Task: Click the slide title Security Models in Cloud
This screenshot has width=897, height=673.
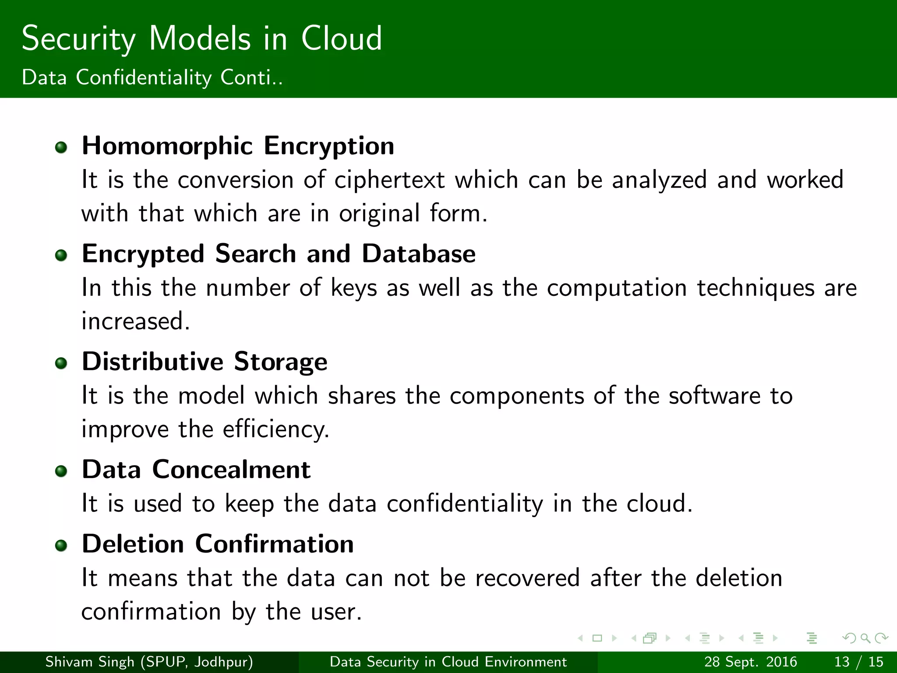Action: (x=201, y=39)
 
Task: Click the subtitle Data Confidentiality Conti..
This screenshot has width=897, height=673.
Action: (x=152, y=78)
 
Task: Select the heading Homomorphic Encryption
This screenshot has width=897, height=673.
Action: (x=238, y=146)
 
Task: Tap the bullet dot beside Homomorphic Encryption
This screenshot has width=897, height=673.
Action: (x=61, y=147)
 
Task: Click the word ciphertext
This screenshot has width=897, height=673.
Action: (x=389, y=180)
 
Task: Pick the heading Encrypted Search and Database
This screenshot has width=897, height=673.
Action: (x=279, y=254)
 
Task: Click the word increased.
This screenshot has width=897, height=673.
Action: (x=136, y=321)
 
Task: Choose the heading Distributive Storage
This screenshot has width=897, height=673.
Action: (x=205, y=362)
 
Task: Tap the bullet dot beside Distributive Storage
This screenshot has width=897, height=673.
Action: (x=61, y=363)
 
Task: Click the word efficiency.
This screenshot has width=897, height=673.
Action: (x=275, y=429)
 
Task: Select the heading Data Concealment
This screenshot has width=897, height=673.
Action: (x=196, y=470)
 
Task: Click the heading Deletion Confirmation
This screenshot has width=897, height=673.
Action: (x=218, y=544)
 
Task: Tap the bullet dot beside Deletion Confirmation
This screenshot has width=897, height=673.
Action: (x=61, y=545)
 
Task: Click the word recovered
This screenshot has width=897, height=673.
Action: (x=527, y=578)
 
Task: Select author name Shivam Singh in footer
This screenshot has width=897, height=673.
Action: (x=89, y=662)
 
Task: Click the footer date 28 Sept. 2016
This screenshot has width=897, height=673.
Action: (x=750, y=662)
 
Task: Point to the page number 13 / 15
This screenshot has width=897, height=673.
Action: (x=858, y=662)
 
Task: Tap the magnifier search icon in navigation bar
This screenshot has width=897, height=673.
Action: (x=865, y=638)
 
